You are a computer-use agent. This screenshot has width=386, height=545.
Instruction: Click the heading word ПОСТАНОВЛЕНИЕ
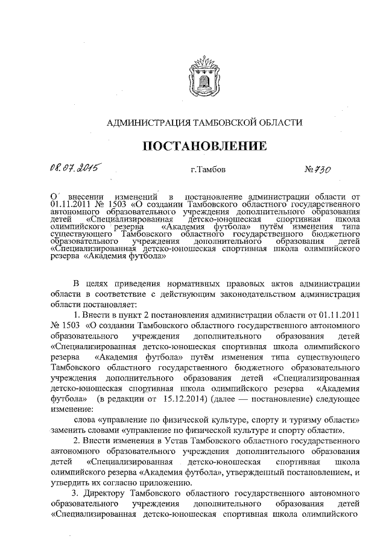tap(204, 146)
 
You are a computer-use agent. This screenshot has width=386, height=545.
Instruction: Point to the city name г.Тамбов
tap(208, 170)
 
